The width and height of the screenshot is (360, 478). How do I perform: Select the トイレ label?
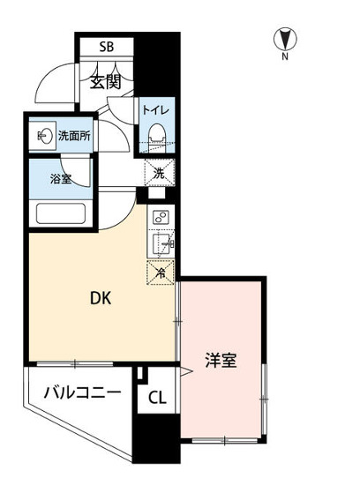(158, 110)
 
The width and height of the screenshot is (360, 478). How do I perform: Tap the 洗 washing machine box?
(160, 172)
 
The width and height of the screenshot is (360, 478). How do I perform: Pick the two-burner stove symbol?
(161, 218)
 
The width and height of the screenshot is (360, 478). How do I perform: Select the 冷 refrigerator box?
(161, 272)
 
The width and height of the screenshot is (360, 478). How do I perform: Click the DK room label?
(101, 298)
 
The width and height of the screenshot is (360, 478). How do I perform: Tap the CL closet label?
(156, 398)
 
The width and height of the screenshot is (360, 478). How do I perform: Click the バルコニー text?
(82, 393)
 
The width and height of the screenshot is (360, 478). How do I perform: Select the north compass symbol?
(285, 39)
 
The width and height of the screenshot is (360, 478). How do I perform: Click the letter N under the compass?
(285, 57)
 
